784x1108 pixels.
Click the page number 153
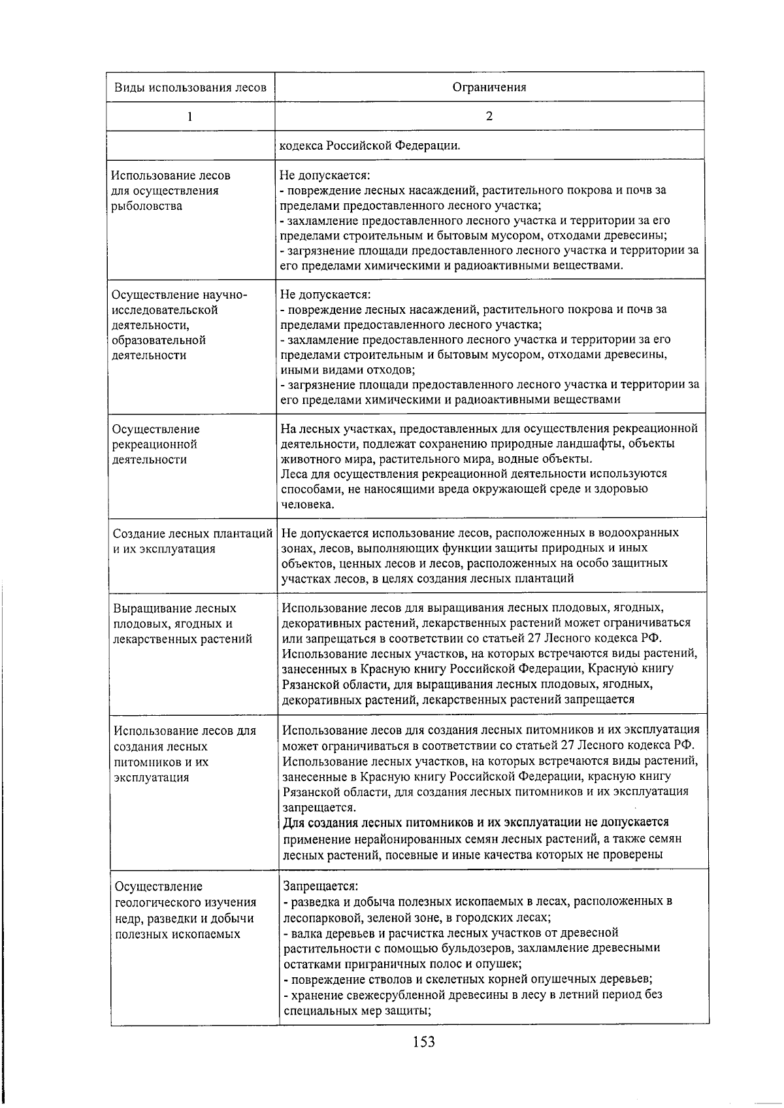pyautogui.click(x=423, y=1041)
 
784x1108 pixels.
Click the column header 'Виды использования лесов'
pyautogui.click(x=191, y=88)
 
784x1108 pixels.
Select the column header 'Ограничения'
pyautogui.click(x=489, y=88)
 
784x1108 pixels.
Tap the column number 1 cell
pyautogui.click(x=190, y=117)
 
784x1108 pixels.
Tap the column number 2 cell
pyautogui.click(x=489, y=116)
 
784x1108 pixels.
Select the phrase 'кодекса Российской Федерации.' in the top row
pyautogui.click(x=370, y=145)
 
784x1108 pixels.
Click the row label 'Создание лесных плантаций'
pyautogui.click(x=193, y=533)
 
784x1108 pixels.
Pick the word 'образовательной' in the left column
pyautogui.click(x=159, y=340)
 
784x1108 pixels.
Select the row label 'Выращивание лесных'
pyautogui.click(x=175, y=609)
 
